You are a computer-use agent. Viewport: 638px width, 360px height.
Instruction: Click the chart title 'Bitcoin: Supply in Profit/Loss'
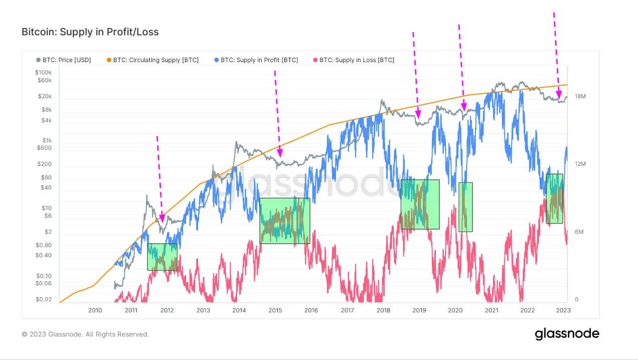(90, 32)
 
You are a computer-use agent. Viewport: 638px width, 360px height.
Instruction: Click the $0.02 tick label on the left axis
(44, 299)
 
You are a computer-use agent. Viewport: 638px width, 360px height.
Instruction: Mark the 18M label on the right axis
(580, 96)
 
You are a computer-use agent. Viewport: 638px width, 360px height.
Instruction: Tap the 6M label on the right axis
(579, 232)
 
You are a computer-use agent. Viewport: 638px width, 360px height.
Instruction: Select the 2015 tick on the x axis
(275, 310)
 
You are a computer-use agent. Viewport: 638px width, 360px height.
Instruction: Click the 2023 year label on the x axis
(563, 310)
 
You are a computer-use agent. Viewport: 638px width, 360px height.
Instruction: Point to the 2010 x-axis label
(95, 310)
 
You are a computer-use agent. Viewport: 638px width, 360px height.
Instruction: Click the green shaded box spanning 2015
(284, 221)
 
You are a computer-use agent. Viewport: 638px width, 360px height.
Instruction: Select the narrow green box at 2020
(465, 207)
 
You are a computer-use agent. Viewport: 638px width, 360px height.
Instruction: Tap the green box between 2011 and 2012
(163, 257)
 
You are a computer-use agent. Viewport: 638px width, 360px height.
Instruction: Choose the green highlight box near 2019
(420, 204)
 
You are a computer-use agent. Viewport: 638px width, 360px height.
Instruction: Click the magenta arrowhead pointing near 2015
(280, 153)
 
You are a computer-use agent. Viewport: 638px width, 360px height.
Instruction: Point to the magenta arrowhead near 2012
(162, 219)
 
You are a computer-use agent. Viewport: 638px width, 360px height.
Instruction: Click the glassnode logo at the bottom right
(567, 334)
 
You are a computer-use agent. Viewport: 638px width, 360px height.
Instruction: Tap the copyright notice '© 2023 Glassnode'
(85, 334)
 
